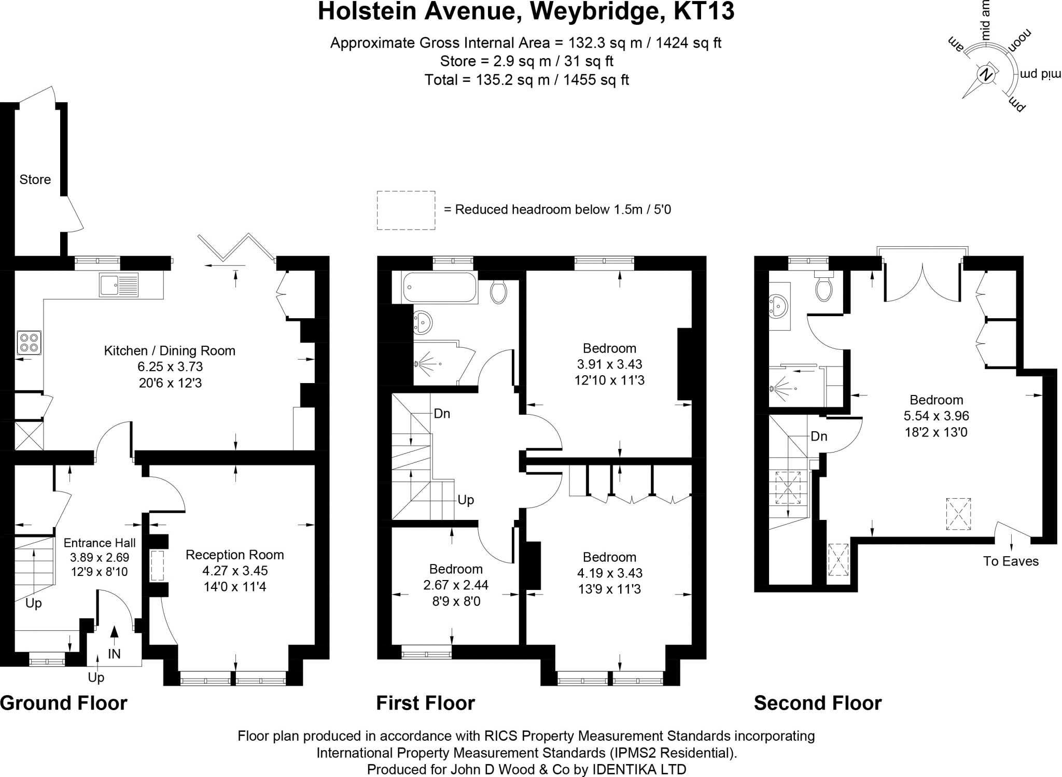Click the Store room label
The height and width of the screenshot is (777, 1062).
(35, 179)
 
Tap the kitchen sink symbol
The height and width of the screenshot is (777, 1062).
(118, 285)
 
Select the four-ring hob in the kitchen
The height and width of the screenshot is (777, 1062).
(29, 342)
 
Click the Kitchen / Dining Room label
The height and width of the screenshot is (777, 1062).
(170, 351)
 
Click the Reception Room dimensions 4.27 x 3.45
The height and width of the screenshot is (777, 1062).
(234, 571)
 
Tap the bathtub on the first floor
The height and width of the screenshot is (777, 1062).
(439, 288)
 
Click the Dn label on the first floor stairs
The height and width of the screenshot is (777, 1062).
(442, 414)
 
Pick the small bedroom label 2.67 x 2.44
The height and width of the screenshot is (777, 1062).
(456, 585)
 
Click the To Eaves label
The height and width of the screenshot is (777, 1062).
(1011, 561)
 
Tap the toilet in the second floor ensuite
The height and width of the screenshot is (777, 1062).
(823, 288)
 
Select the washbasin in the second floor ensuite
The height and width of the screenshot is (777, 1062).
(778, 306)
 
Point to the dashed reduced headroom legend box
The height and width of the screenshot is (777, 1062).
(406, 210)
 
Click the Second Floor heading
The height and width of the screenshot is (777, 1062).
(817, 703)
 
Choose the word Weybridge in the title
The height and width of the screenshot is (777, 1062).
(595, 11)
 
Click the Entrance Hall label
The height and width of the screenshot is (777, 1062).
(100, 543)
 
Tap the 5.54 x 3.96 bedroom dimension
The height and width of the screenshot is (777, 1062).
(936, 416)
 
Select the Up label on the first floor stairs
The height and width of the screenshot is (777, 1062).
(466, 500)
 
